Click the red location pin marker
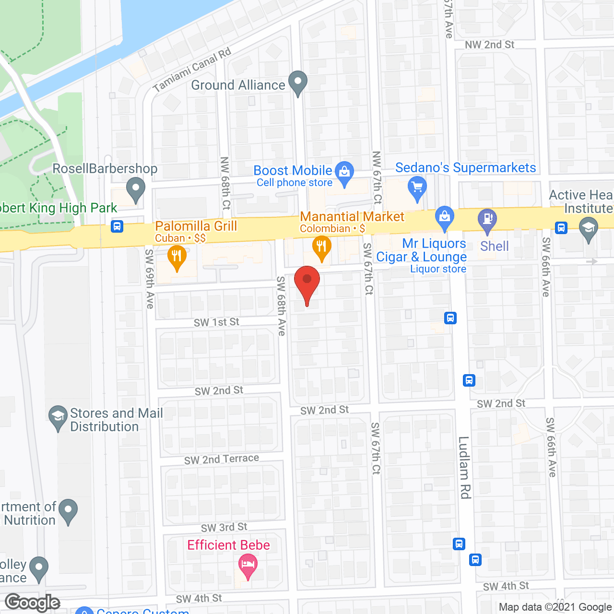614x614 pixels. (x=307, y=281)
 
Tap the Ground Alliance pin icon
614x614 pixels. (x=298, y=83)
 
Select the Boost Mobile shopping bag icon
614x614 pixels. (x=344, y=172)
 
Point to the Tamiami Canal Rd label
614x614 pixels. (x=192, y=71)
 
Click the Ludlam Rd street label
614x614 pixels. (x=464, y=467)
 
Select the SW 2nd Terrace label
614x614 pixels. (x=222, y=460)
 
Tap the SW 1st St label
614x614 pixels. (x=216, y=322)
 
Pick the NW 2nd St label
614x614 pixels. (x=489, y=45)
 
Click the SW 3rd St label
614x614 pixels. (x=224, y=528)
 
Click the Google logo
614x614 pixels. (x=33, y=602)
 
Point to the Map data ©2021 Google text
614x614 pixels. (x=555, y=607)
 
